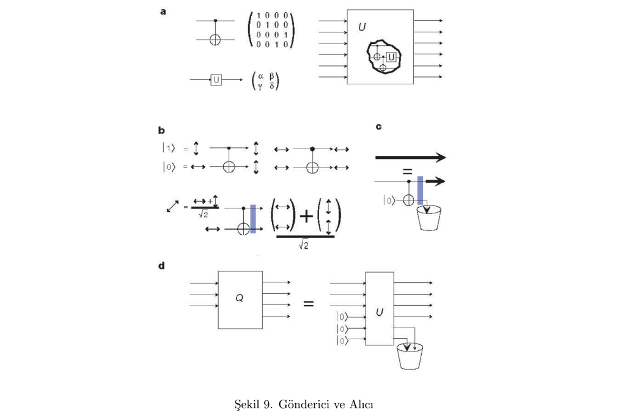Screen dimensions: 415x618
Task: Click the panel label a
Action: [163, 11]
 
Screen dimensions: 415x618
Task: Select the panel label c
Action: [379, 126]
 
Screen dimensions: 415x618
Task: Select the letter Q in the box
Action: [240, 298]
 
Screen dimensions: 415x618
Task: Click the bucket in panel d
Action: [410, 357]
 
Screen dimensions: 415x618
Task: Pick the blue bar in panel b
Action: [254, 218]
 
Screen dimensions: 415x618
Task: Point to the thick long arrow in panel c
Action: [410, 157]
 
